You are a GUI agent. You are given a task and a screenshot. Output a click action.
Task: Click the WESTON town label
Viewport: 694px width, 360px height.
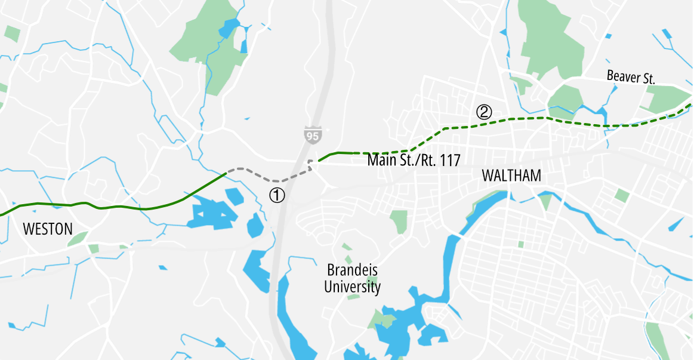(x=47, y=229)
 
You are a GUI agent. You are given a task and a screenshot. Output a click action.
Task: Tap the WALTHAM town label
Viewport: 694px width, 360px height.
(x=511, y=176)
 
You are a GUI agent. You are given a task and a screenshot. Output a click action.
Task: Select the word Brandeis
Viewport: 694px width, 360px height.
(x=352, y=270)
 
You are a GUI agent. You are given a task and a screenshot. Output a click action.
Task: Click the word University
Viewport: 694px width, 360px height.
(x=352, y=287)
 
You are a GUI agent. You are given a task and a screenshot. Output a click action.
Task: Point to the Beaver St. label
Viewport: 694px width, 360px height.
(x=631, y=77)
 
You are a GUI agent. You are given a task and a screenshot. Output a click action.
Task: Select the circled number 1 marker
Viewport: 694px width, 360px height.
(x=277, y=195)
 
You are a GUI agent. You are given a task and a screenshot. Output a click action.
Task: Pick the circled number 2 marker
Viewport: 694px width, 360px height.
(x=483, y=112)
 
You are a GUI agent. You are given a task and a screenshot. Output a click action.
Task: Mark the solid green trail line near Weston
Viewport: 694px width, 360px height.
(x=119, y=207)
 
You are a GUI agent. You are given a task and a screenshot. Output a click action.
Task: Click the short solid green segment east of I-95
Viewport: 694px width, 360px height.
(x=338, y=153)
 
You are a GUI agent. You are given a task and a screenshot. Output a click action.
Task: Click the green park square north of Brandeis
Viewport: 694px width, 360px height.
(x=399, y=221)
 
